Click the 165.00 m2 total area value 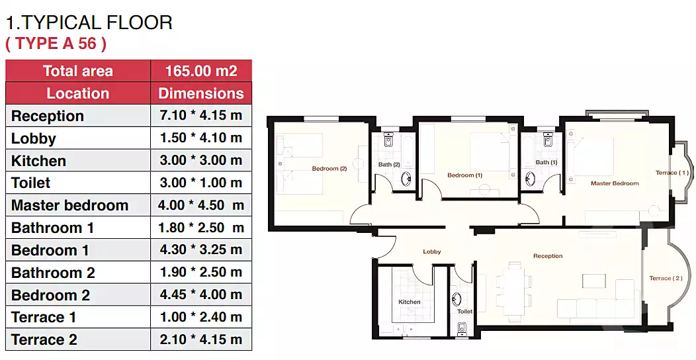pos(201,71)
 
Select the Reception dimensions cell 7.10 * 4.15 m pos(201,115)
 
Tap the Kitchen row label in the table pos(38,161)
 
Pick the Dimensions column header pos(201,93)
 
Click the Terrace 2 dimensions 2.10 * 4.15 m pos(201,339)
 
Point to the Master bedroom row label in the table pos(69,205)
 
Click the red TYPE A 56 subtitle pos(56,44)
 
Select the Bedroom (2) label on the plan pos(329,169)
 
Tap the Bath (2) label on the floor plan pos(389,164)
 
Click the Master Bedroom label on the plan pos(615,183)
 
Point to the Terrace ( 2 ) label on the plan pos(666,279)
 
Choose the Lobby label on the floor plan pos(432,251)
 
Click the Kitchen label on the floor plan pos(410,302)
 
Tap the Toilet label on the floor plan pos(464,312)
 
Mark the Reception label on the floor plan pos(548,256)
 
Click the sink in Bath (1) pos(529,179)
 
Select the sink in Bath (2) pos(406,179)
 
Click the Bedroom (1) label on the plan pos(464,175)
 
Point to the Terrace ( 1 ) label pos(672,173)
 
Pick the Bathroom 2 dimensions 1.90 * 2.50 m pos(201,272)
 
